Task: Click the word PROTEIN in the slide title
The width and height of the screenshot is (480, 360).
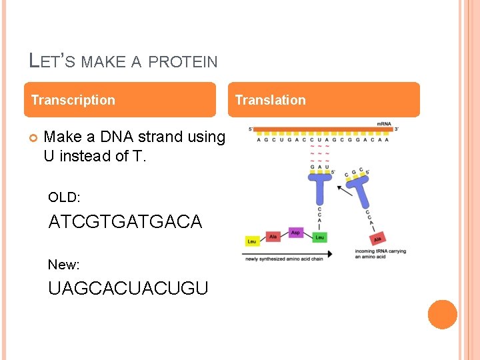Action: coord(183,62)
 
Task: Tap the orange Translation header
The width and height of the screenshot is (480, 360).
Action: coord(327,100)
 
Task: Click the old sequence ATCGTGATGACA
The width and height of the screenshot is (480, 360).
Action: coord(125,221)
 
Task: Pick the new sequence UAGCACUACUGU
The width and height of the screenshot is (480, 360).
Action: coord(128,288)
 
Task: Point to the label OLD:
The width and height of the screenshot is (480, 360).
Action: coord(64,197)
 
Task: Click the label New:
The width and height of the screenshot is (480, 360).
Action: coord(64,265)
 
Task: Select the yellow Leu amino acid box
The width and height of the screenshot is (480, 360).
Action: coord(252,241)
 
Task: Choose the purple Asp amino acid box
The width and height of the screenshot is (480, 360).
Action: coord(295,233)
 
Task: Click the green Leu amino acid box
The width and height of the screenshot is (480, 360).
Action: coord(320,237)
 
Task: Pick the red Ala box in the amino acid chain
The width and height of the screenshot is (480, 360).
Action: coord(273,236)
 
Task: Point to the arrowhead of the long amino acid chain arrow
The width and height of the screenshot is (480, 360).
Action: coord(331,253)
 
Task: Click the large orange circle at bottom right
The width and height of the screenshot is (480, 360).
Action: coord(442,315)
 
